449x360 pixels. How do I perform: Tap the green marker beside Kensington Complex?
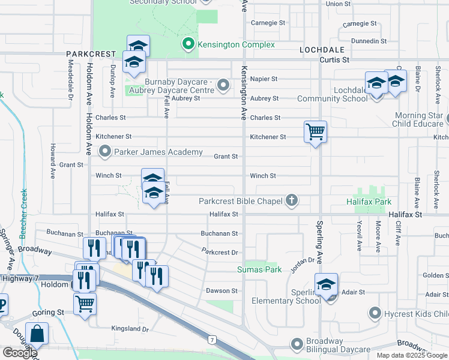(x=188, y=44)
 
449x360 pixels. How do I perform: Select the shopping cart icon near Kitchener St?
(x=315, y=131)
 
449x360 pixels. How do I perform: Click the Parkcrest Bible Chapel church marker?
(x=292, y=201)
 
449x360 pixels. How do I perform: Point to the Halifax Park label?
(x=369, y=202)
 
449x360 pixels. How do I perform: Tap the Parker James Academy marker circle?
(x=106, y=152)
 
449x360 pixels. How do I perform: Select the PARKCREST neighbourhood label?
(x=91, y=53)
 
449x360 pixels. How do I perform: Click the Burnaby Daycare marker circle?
(x=224, y=86)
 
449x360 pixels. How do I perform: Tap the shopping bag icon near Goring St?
(x=37, y=333)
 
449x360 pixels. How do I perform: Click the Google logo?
(x=20, y=353)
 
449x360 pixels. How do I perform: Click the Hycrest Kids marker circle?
(x=375, y=313)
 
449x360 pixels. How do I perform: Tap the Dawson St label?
(x=218, y=290)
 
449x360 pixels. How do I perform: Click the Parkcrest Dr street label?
(x=220, y=251)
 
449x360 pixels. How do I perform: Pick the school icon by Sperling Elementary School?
(x=327, y=284)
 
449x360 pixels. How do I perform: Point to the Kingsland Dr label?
(x=130, y=329)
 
